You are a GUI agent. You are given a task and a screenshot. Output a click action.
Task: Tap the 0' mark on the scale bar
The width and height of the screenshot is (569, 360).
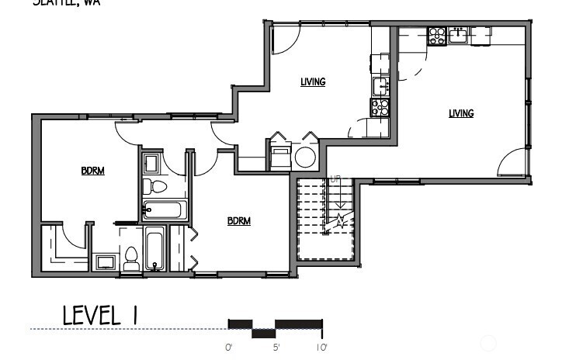point(229,348)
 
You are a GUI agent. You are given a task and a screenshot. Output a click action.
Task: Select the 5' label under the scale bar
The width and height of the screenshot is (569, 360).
point(276,348)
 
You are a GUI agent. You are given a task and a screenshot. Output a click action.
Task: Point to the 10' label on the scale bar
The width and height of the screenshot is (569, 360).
point(322,348)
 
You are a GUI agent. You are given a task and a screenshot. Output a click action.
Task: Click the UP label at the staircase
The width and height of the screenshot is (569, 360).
point(335,179)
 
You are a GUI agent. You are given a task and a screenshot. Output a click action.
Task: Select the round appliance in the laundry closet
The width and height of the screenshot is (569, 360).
point(305,157)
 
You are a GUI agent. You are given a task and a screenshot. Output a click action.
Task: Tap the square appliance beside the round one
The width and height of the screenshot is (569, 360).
point(278,157)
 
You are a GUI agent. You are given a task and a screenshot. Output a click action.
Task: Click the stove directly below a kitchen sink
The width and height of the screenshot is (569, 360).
point(380,107)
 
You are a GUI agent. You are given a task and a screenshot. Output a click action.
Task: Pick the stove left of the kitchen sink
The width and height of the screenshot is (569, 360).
point(437,34)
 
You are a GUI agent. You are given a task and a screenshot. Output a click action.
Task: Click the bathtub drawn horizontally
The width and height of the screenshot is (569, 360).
point(164,209)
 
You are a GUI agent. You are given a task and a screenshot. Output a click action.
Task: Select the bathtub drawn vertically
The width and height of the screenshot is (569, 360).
point(154,249)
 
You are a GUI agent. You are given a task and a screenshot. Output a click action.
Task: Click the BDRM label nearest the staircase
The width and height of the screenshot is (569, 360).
point(239,221)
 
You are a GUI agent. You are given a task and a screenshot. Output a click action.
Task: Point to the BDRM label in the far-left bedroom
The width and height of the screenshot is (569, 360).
point(93,171)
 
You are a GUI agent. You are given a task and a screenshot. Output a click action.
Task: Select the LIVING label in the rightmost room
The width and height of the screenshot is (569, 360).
point(460,113)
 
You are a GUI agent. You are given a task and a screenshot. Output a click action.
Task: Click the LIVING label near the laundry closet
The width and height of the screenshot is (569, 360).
point(313,81)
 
